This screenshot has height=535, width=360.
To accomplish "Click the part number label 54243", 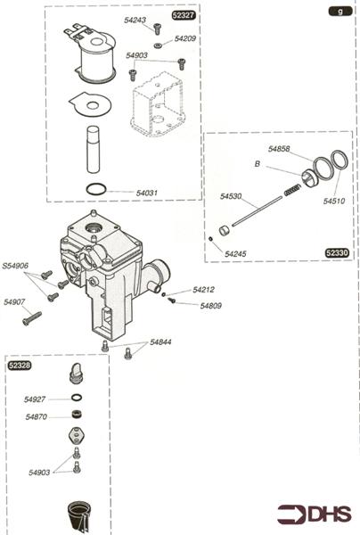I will (136, 20).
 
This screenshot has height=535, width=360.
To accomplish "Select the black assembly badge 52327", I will (182, 17).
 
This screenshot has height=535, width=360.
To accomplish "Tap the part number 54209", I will (185, 39).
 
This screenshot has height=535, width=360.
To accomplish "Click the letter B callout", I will (258, 165).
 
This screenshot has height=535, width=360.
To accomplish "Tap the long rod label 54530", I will (232, 195).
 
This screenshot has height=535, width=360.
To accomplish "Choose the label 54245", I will (235, 254).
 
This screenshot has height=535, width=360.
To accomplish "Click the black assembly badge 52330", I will (337, 253).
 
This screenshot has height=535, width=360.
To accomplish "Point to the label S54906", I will (15, 266).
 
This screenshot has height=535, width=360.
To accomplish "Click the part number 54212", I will (204, 290).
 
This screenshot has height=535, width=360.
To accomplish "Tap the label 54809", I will (210, 306).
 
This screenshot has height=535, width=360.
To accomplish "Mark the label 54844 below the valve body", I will (161, 342).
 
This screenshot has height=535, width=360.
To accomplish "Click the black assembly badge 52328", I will (19, 366).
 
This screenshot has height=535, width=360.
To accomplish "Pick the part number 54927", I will (36, 399).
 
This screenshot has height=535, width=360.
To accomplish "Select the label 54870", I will (36, 417).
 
